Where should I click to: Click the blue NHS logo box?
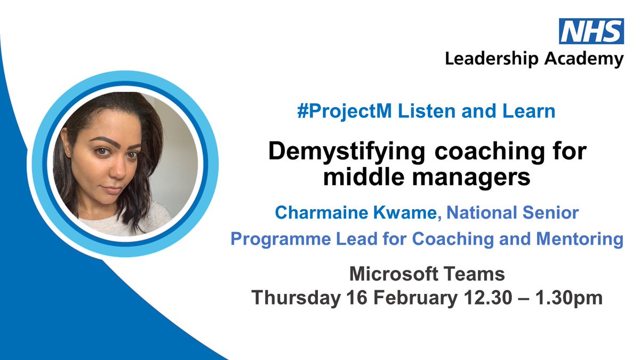[591, 31]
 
